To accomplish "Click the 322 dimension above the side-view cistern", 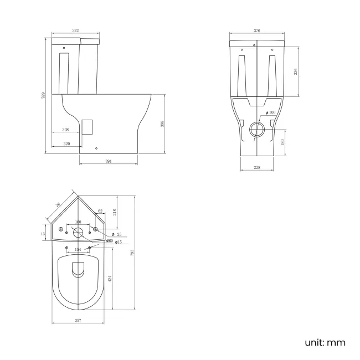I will (x=75, y=32).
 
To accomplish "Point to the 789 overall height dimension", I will (x=44, y=96).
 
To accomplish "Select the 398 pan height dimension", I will (x=162, y=124).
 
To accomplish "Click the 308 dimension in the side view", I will (x=65, y=130).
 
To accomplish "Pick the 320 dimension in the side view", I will (x=66, y=143).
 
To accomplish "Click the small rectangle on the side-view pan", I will (x=86, y=126).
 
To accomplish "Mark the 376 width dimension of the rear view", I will (x=257, y=32).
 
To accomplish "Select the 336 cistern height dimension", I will (x=296, y=71).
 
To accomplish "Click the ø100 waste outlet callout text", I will (x=271, y=113).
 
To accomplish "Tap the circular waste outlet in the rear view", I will (x=257, y=130).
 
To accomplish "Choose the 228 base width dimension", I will (x=257, y=168).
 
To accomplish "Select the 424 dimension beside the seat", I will (x=110, y=280).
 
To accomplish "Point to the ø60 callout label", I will (x=110, y=240).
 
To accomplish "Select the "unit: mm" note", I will (x=325, y=342).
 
